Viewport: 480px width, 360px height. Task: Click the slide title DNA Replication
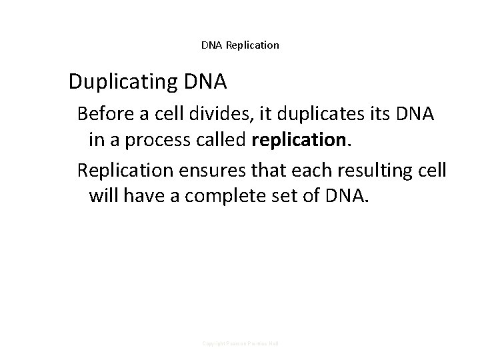tap(240, 45)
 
